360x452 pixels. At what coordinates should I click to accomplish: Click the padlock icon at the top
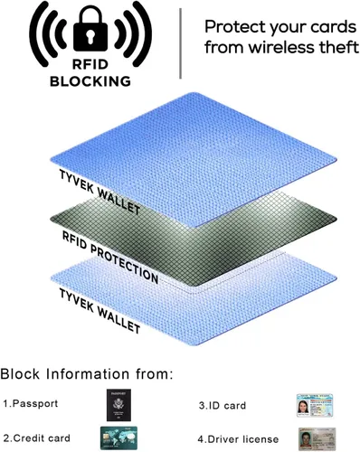click(90, 30)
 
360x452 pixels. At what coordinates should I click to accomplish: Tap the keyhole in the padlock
click(90, 36)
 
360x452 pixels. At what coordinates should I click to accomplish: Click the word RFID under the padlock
click(90, 64)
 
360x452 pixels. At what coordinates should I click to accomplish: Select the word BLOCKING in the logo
click(90, 81)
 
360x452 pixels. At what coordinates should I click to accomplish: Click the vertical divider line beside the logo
click(181, 43)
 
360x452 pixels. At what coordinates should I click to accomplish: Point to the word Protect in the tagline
click(235, 27)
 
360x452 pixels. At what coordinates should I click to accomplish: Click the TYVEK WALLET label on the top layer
click(99, 192)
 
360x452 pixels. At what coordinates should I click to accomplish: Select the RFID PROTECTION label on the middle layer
click(110, 257)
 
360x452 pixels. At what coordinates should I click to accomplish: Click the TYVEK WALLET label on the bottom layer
click(99, 311)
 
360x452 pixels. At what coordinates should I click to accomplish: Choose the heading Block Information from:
click(87, 374)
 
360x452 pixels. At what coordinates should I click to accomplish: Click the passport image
click(118, 405)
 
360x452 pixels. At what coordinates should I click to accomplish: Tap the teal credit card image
click(118, 438)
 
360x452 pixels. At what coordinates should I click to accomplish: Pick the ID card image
click(315, 405)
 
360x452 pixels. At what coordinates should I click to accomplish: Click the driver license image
click(317, 438)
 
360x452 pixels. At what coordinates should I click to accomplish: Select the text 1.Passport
click(31, 403)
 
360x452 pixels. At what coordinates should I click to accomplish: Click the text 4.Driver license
click(238, 439)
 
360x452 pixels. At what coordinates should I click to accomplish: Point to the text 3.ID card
click(223, 405)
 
